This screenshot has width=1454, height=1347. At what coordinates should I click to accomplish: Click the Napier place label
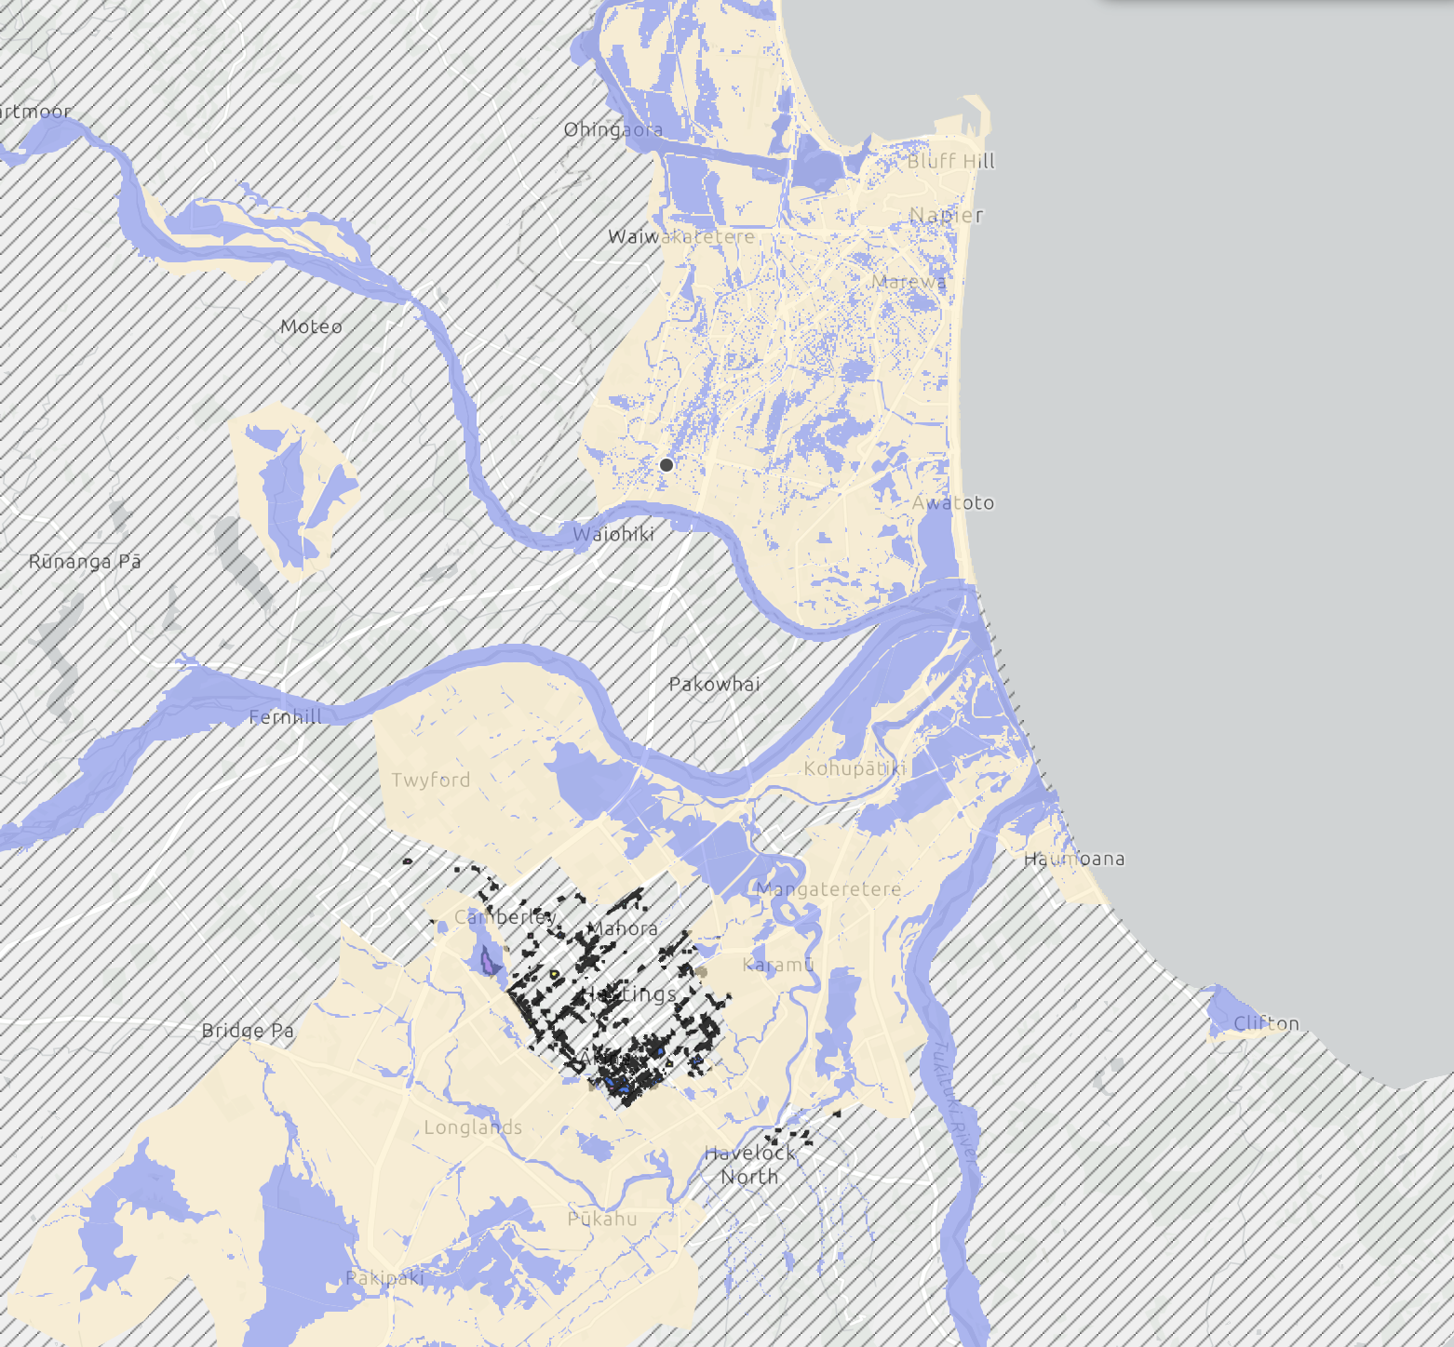tap(946, 215)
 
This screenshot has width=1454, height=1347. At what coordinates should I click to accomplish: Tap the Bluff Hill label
tap(951, 161)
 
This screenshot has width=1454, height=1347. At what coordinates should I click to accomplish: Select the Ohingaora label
tap(613, 129)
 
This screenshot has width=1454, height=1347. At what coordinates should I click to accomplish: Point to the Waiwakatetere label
tap(681, 236)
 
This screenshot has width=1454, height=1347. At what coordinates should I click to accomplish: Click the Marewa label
tap(909, 281)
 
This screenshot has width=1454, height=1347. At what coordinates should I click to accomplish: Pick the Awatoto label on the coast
tap(953, 502)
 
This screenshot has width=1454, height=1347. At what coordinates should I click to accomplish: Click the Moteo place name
tap(311, 327)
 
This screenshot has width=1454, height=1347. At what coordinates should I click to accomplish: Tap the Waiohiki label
tap(613, 534)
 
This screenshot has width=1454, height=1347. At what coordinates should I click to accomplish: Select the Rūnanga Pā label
tap(85, 561)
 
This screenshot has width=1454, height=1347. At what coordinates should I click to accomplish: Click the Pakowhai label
tap(714, 684)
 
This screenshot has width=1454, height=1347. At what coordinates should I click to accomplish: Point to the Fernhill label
tap(286, 716)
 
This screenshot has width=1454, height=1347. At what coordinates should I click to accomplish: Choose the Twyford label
tap(431, 780)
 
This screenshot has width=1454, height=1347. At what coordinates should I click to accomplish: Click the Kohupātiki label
tap(855, 768)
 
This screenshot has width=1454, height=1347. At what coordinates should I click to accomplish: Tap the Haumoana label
tap(1074, 859)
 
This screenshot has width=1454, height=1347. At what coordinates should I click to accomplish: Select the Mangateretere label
tap(828, 888)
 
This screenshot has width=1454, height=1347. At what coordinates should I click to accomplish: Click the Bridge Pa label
tap(248, 1030)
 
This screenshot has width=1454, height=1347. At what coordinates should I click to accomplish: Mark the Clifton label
tap(1266, 1023)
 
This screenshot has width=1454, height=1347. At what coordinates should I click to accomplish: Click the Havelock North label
tap(750, 1165)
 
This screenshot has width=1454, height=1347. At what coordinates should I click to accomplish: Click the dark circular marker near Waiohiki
tap(666, 464)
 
